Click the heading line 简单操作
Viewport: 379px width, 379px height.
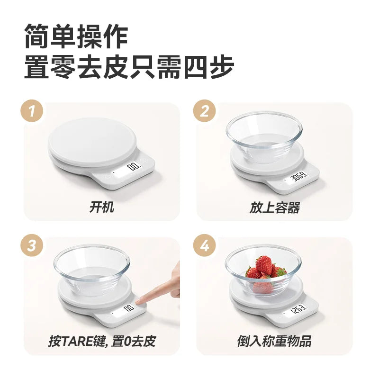point(76,36)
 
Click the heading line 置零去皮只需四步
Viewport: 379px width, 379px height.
point(129,67)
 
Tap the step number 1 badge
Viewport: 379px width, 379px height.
point(32,111)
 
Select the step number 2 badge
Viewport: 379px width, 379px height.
point(205,111)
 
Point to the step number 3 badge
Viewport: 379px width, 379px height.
point(32,246)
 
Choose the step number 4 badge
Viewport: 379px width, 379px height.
point(205,246)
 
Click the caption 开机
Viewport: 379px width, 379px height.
point(102,207)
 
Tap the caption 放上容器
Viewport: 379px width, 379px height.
point(275,208)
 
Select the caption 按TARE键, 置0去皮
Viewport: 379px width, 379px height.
point(102,341)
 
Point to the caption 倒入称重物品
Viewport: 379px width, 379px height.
point(274,341)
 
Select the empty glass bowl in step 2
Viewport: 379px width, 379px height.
point(264,136)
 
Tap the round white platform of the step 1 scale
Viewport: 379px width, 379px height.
point(92,143)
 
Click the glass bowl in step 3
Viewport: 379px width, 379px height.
point(92,270)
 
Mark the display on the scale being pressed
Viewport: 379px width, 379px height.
point(123,311)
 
